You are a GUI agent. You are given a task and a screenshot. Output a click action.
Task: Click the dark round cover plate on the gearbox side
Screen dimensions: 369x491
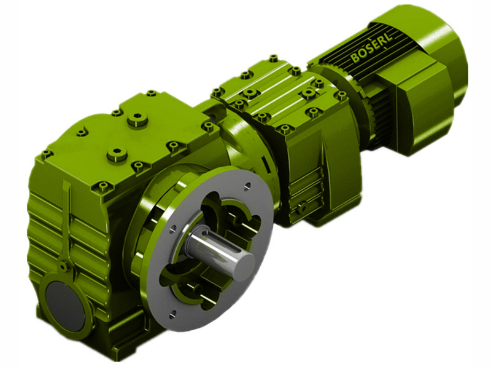[x=64, y=298]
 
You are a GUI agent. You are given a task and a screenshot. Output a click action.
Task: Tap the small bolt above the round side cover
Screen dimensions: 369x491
[x=63, y=266]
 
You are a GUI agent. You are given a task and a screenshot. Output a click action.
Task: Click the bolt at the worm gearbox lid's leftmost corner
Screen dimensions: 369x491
[x=47, y=154]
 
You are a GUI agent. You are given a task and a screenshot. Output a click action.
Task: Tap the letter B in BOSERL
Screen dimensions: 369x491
[x=355, y=60]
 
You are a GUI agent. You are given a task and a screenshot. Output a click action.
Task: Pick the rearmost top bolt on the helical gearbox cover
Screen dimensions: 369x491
[x=273, y=58]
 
